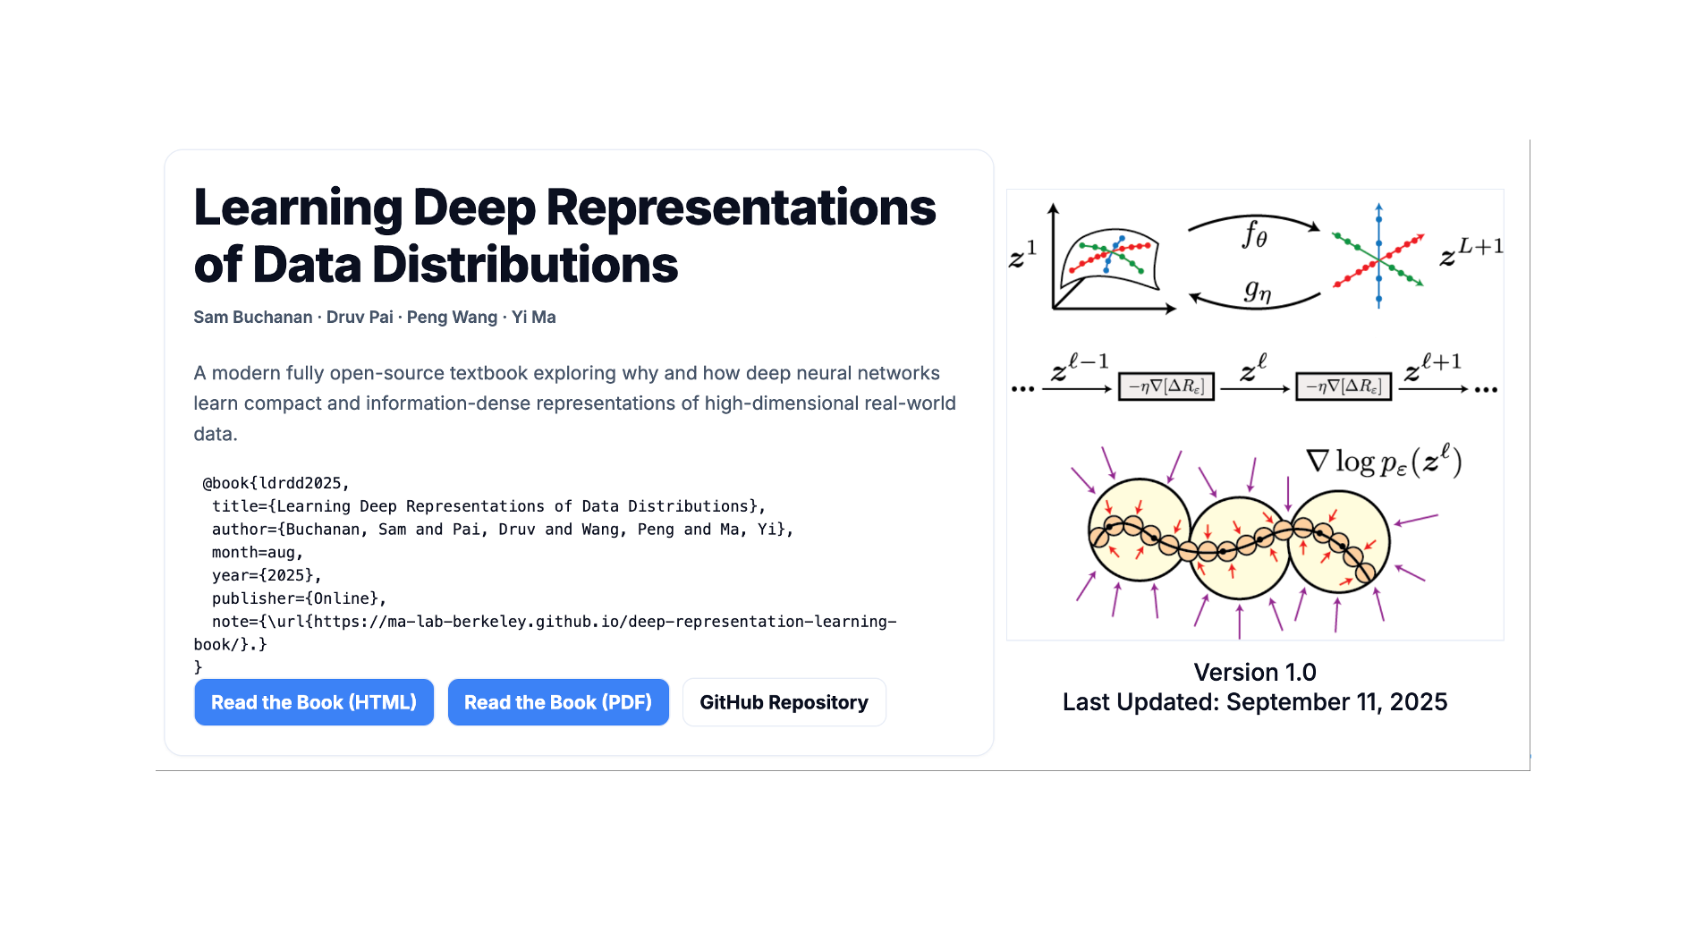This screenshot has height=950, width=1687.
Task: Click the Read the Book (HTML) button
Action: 314,702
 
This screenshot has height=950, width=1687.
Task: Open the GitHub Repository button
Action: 784,702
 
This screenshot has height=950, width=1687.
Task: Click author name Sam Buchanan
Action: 253,318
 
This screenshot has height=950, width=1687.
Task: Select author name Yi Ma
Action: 534,318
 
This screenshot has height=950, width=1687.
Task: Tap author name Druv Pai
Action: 360,318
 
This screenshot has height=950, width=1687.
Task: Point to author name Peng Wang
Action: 452,318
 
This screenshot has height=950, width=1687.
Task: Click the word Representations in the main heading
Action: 741,208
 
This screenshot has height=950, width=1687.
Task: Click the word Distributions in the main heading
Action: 525,266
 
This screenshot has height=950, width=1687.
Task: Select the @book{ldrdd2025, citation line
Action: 276,483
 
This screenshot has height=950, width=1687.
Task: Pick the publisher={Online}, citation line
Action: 299,598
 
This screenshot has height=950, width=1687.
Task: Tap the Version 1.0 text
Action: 1254,673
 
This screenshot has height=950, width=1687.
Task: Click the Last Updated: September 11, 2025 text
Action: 1254,702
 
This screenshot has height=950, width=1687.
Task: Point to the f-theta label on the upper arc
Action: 1254,235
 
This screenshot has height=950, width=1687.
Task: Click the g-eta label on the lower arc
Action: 1257,291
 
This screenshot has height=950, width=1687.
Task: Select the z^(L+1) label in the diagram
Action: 1471,251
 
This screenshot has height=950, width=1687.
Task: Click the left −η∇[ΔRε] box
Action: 1166,386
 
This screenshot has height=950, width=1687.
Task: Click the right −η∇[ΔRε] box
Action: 1344,386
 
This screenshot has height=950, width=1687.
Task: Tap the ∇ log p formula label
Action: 1384,462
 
